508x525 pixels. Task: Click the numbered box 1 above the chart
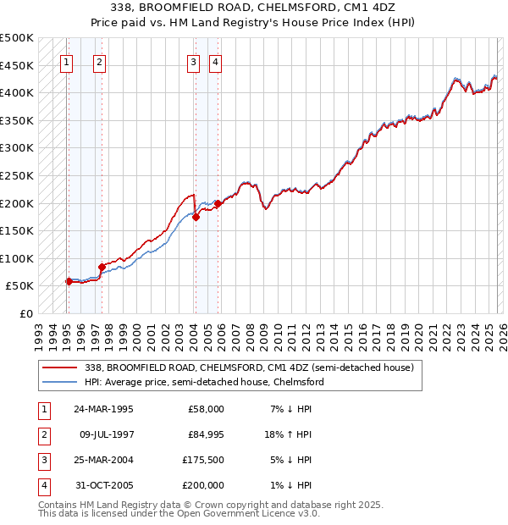(x=67, y=62)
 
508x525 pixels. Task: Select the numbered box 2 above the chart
(x=99, y=62)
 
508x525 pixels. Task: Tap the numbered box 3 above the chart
(x=193, y=62)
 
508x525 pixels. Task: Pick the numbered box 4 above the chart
(x=216, y=62)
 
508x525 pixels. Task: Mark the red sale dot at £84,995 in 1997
(x=102, y=267)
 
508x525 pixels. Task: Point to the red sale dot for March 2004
(x=196, y=217)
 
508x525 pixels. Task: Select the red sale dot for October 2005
(x=218, y=203)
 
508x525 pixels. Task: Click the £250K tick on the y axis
(x=17, y=176)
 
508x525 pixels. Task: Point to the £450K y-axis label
(x=17, y=65)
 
